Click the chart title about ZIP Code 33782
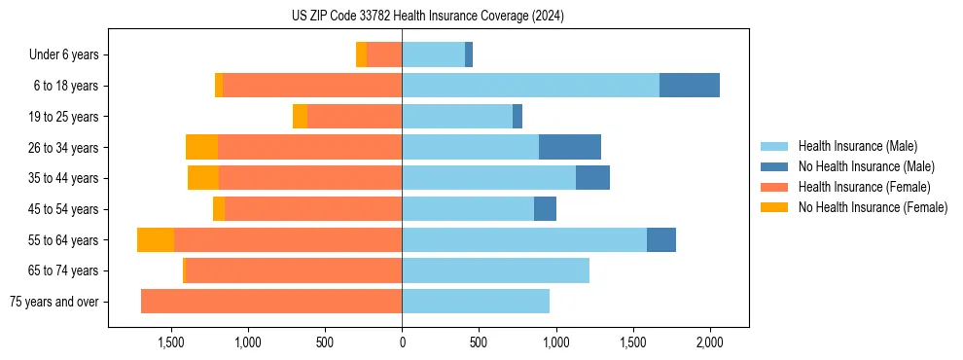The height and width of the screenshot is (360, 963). coord(428,17)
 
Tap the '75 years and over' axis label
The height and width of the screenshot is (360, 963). coord(53,302)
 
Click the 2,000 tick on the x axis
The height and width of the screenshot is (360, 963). coord(709,342)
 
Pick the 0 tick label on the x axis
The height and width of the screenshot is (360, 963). coord(402,342)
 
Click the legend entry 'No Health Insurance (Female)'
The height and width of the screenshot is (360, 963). coord(873,207)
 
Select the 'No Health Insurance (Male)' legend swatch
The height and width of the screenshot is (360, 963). coord(776,166)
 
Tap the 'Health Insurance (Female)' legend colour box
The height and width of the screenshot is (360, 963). coord(776,187)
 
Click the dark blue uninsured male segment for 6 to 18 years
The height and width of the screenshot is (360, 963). coord(690,86)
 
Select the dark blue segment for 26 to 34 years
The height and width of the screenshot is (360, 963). coord(570,147)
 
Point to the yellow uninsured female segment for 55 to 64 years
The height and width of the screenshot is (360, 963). coord(156,240)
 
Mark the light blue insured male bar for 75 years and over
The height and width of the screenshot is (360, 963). coord(476,302)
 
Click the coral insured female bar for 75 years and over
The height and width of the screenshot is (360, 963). coord(271,302)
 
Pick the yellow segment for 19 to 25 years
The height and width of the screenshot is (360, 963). coord(300,117)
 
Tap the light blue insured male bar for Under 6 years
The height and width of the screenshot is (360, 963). coord(433,54)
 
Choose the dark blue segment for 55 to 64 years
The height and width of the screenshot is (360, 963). coord(661,240)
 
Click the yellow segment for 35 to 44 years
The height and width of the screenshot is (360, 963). coord(203,178)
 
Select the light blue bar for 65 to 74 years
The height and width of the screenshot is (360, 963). coord(495,270)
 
